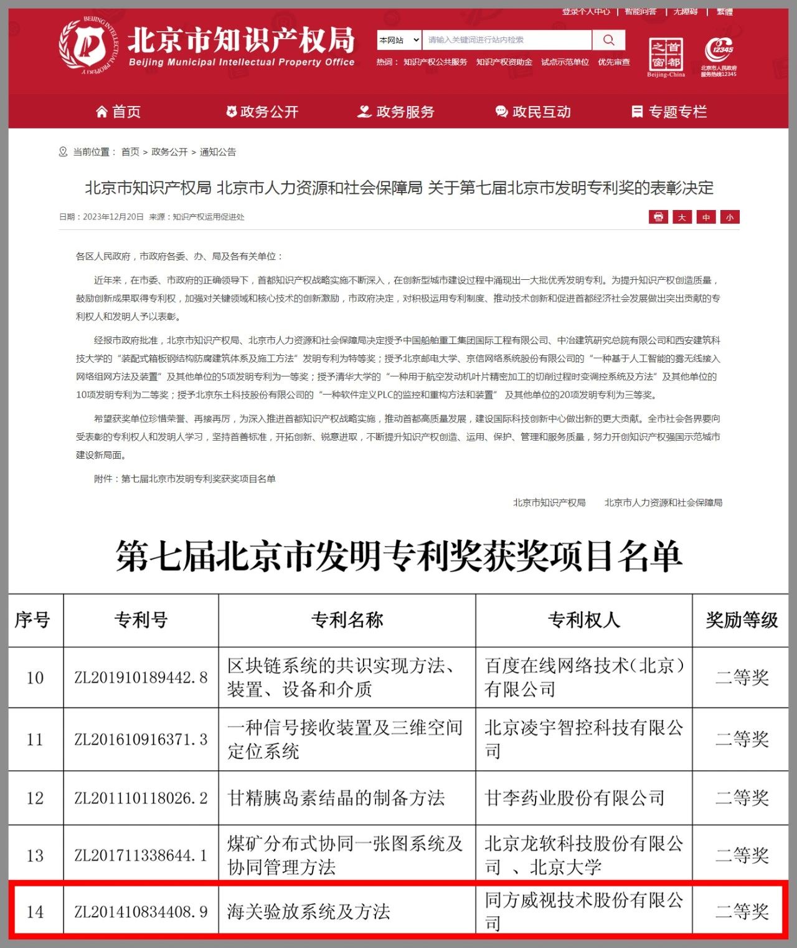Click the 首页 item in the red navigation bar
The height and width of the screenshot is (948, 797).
[118, 112]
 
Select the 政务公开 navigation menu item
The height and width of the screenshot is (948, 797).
[262, 112]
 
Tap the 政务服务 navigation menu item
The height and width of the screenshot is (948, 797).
[396, 112]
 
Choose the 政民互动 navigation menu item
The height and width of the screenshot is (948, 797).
[533, 112]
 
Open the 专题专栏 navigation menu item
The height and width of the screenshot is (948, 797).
[669, 112]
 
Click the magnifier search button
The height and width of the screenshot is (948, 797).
[608, 41]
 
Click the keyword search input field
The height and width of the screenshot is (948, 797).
[506, 41]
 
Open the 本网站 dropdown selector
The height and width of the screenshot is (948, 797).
[399, 41]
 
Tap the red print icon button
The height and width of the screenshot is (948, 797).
[658, 217]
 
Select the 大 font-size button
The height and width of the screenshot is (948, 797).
[682, 217]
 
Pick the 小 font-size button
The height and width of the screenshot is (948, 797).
[730, 217]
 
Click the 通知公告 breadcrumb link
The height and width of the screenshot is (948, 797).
[218, 152]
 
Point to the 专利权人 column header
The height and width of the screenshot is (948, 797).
[583, 620]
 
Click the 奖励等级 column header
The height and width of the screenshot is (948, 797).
[741, 620]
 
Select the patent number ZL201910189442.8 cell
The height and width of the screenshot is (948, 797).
[141, 677]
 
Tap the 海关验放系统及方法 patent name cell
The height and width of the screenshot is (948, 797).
[309, 912]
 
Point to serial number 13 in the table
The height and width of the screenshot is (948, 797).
[35, 856]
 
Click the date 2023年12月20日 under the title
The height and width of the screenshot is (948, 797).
[113, 217]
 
